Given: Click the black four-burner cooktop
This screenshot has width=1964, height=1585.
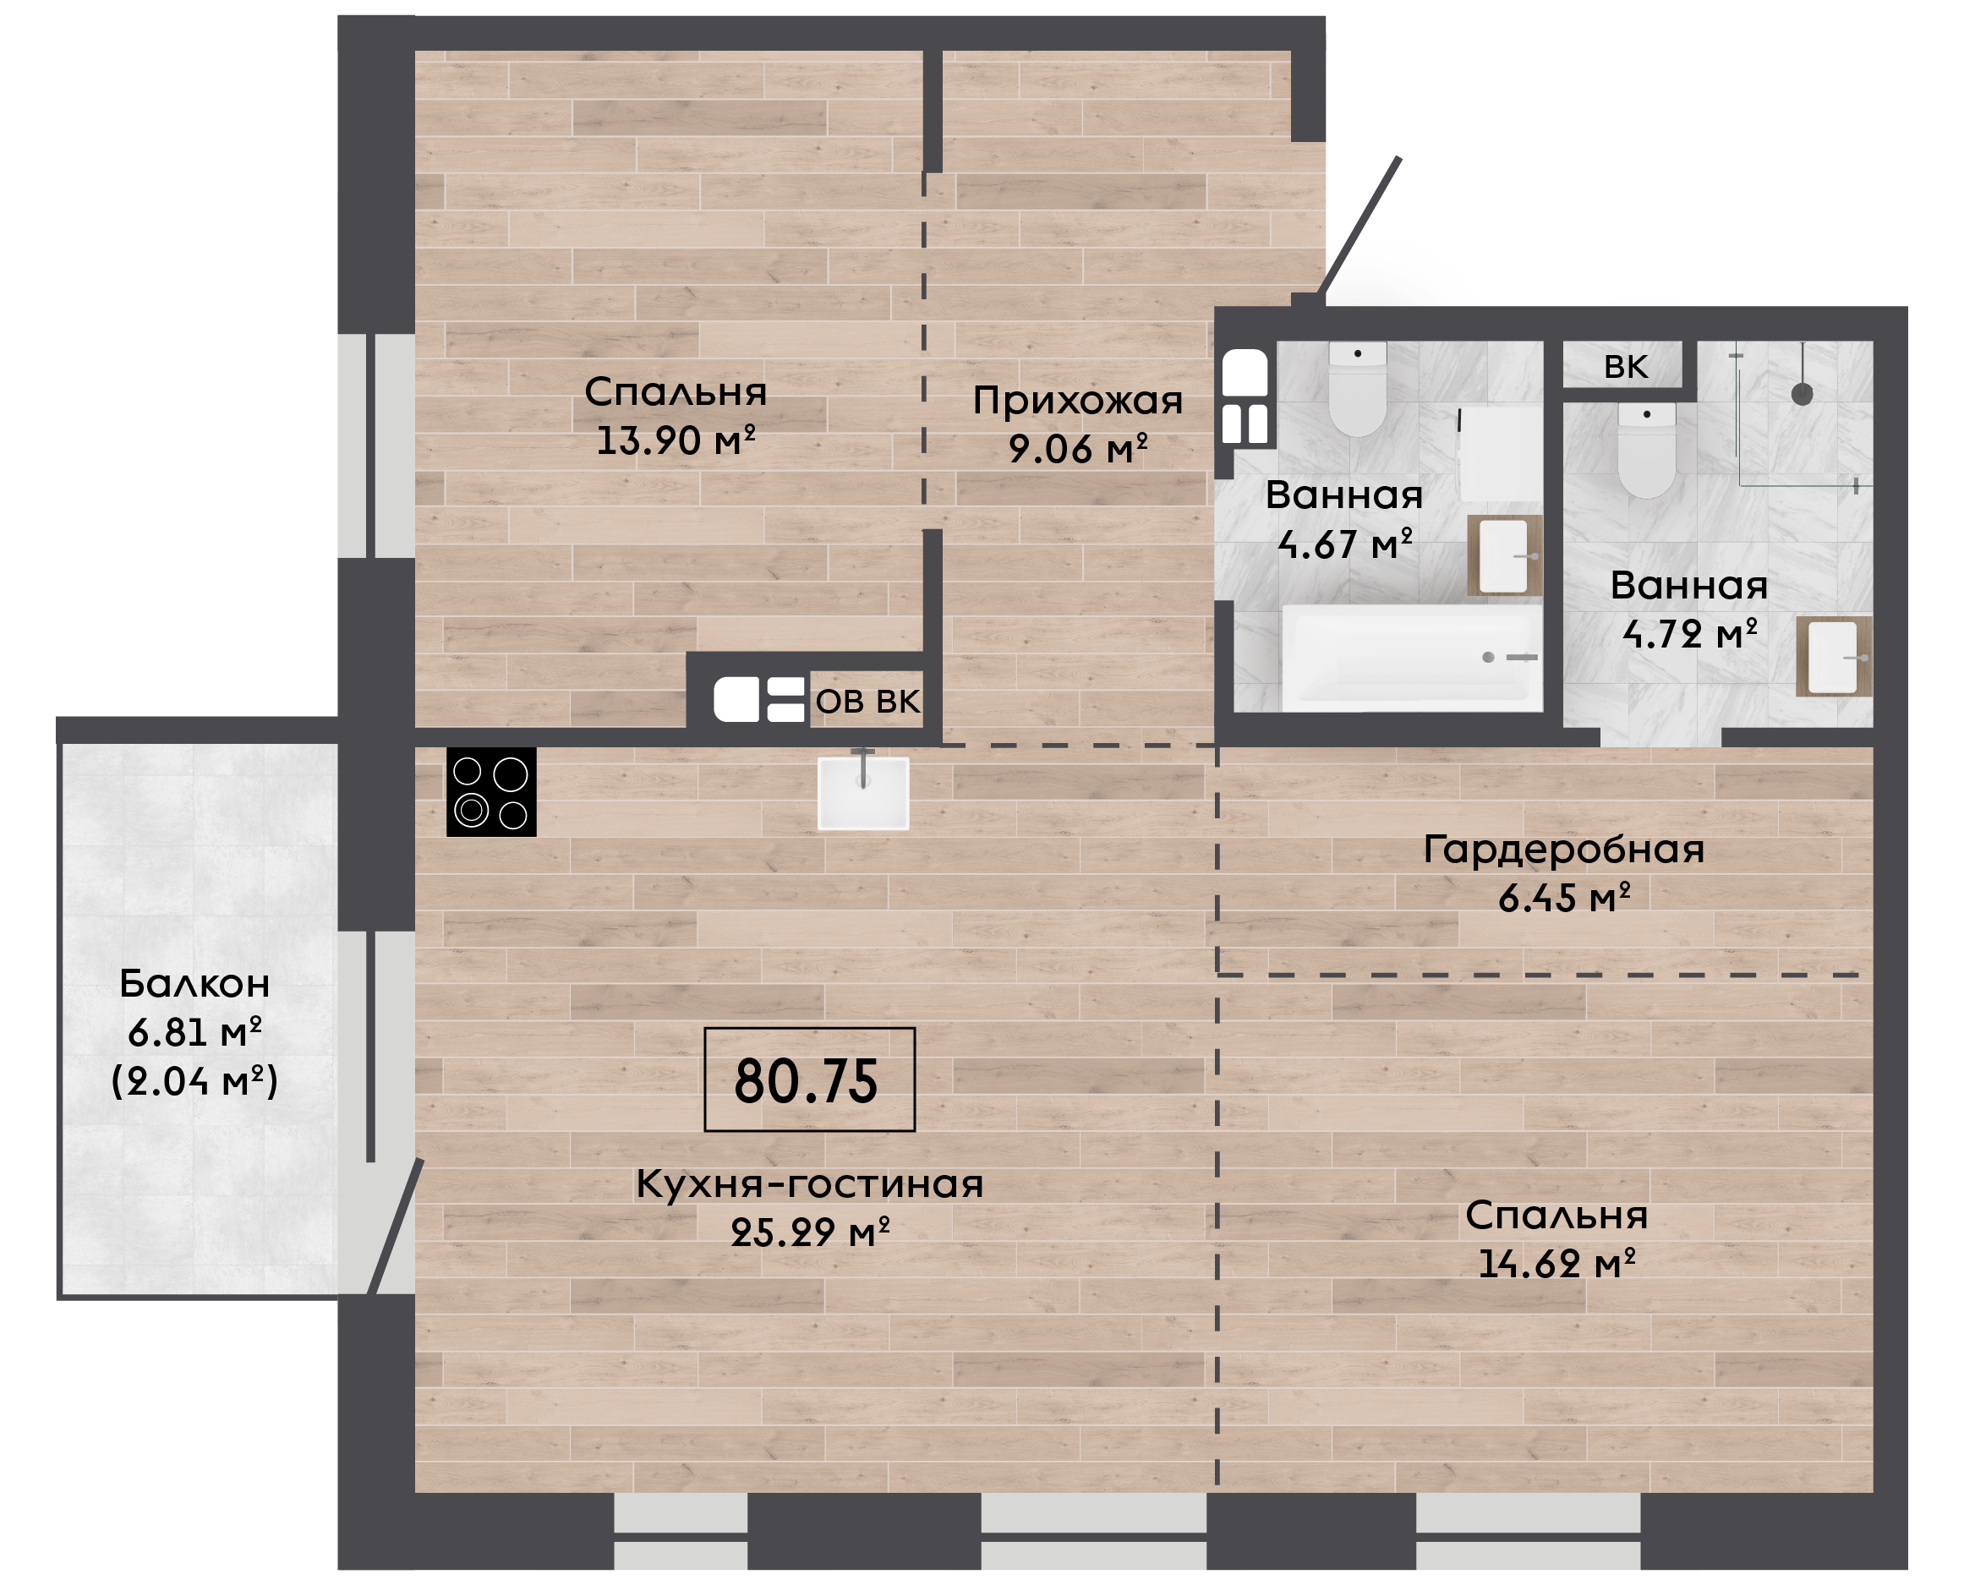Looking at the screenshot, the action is (491, 791).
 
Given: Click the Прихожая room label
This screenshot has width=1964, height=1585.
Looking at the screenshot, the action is (1077, 400).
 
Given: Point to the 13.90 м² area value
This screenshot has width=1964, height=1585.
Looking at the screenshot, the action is (676, 441).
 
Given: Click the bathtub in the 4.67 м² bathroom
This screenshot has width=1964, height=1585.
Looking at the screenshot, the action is (1412, 658).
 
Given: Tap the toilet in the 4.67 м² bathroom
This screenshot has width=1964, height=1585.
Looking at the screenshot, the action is (1358, 389).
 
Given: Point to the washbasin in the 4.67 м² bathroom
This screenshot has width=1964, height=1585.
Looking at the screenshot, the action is (1505, 556).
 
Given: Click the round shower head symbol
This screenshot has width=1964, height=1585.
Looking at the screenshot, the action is (1802, 395).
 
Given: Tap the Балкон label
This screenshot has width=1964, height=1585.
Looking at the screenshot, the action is (194, 984).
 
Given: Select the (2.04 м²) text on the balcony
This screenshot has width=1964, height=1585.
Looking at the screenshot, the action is (194, 1081).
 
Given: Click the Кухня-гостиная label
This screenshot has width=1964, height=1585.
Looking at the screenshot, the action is (810, 1184).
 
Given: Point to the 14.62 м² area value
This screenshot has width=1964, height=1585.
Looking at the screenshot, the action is (1556, 1265).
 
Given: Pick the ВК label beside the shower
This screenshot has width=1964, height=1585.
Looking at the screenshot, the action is (1626, 367).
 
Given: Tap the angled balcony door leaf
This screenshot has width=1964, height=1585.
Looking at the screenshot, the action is (396, 1227).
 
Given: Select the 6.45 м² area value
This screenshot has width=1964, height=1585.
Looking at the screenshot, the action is (1564, 899).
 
